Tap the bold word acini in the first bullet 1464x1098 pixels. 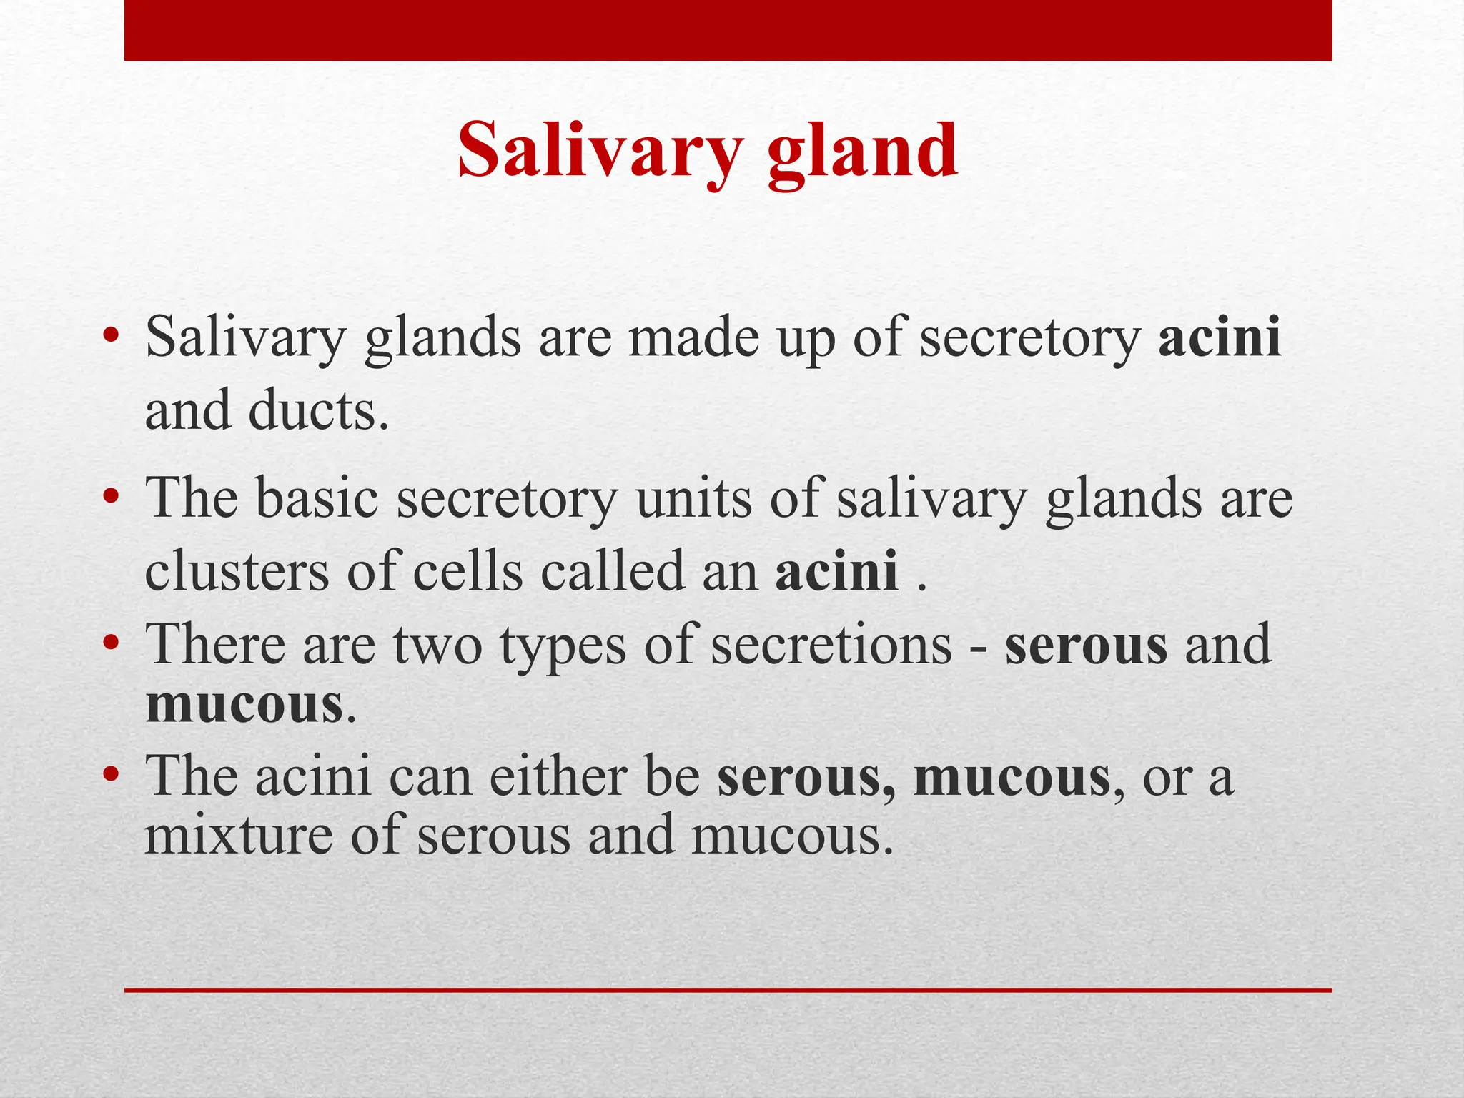click(x=1220, y=337)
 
